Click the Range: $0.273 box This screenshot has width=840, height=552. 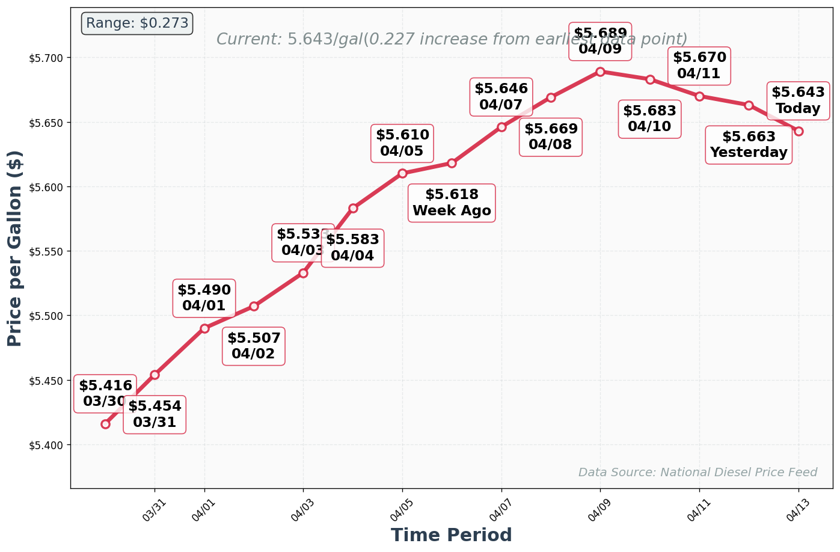(137, 23)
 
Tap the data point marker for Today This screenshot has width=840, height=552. (798, 131)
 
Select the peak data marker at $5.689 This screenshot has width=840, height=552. (600, 72)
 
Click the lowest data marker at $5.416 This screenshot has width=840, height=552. (105, 424)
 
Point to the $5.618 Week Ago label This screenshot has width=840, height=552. (452, 203)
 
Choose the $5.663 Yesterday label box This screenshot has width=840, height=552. (748, 145)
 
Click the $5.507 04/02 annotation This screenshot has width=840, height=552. (253, 346)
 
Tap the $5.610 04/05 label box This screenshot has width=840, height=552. (402, 143)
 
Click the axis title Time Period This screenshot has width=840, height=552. (451, 535)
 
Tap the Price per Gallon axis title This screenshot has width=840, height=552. (15, 248)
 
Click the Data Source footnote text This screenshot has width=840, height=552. (697, 473)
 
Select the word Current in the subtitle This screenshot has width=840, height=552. (248, 40)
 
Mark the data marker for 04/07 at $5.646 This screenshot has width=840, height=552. (501, 127)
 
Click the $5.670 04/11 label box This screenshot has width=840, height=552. (699, 66)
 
